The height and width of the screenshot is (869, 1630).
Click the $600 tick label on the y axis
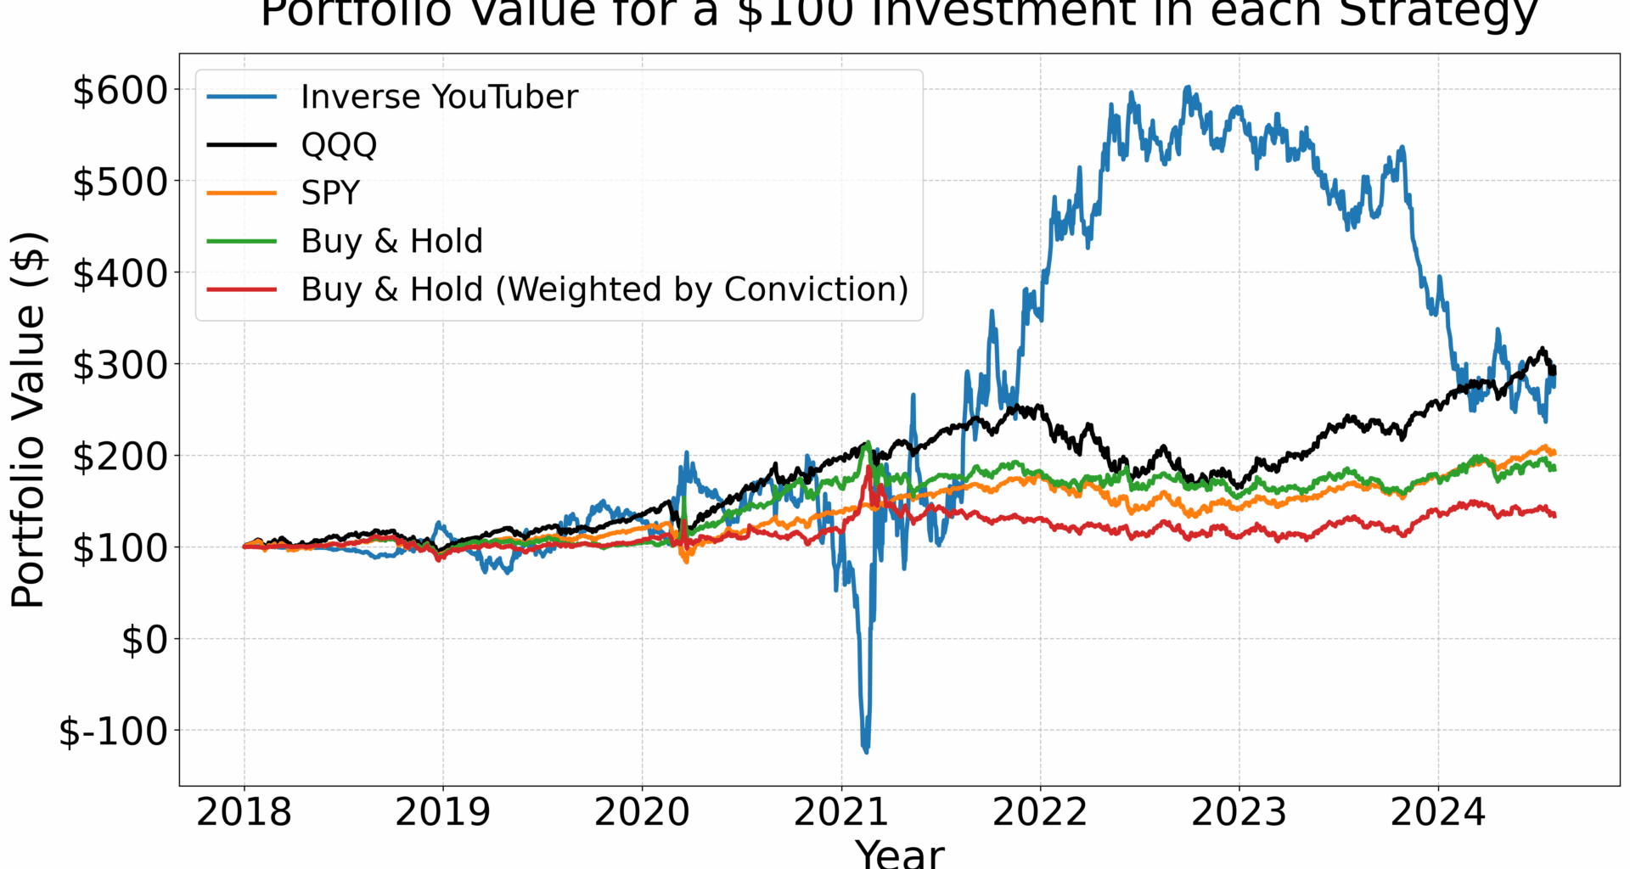pyautogui.click(x=121, y=90)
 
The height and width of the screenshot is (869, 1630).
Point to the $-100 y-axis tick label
pyautogui.click(x=113, y=731)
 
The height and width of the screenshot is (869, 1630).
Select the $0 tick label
pyautogui.click(x=145, y=640)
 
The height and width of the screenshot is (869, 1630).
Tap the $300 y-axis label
pyautogui.click(x=121, y=365)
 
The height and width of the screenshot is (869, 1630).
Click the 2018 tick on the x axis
pyautogui.click(x=244, y=812)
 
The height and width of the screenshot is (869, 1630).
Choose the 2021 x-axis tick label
pyautogui.click(x=840, y=812)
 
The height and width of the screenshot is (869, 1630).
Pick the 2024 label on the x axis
pyautogui.click(x=1437, y=812)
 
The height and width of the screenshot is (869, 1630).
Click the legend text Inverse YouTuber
pyautogui.click(x=439, y=97)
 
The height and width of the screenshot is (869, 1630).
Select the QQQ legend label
pyautogui.click(x=339, y=145)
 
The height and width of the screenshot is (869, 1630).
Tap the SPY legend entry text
pyautogui.click(x=330, y=193)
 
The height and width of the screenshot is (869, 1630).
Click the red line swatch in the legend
pyautogui.click(x=242, y=289)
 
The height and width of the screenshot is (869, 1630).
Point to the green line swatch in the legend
pyautogui.click(x=242, y=241)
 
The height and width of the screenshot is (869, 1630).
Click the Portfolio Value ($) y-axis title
pyautogui.click(x=27, y=419)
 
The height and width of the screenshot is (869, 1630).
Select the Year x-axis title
pyautogui.click(x=899, y=852)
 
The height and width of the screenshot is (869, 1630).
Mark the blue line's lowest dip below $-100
pyautogui.click(x=866, y=751)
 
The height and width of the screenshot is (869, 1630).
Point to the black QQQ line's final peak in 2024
pyautogui.click(x=1543, y=349)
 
